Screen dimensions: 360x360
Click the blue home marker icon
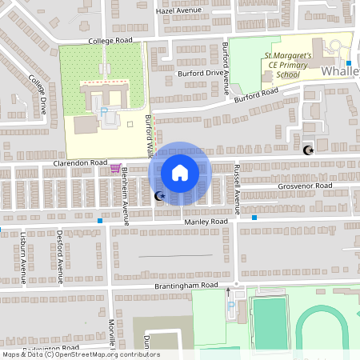(180, 172)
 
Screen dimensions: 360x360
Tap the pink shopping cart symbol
(116, 169)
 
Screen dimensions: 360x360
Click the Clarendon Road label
(80, 162)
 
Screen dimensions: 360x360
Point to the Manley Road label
(206, 221)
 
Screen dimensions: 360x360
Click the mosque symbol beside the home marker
(158, 196)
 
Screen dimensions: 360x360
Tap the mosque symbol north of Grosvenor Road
(307, 150)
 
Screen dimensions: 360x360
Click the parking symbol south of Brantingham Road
(232, 306)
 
